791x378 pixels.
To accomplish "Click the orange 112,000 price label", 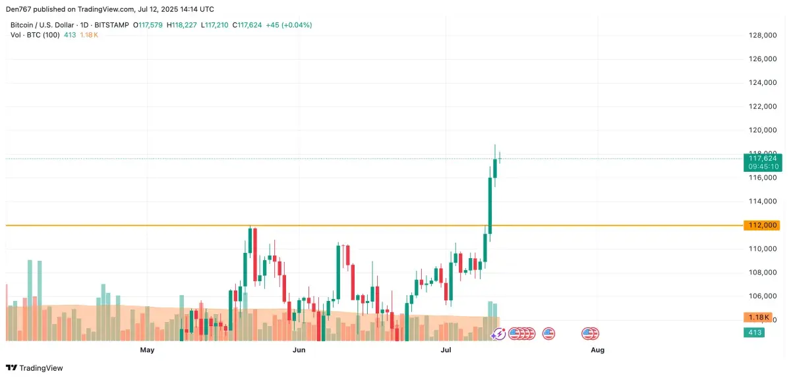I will pyautogui.click(x=761, y=225).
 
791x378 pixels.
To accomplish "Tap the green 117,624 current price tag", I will pyautogui.click(x=761, y=158).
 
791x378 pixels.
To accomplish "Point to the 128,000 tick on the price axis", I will pyautogui.click(x=762, y=36).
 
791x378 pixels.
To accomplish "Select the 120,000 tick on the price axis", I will pyautogui.click(x=762, y=130).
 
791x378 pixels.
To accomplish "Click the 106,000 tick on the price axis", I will pyautogui.click(x=762, y=296).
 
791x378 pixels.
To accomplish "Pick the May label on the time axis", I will pyautogui.click(x=147, y=350).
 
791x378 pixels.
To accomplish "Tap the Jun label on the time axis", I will pyautogui.click(x=299, y=350).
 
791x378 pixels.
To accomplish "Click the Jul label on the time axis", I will pyautogui.click(x=447, y=350).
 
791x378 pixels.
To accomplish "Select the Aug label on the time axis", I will pyautogui.click(x=597, y=350).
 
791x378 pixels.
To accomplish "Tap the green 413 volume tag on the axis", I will pyautogui.click(x=755, y=333).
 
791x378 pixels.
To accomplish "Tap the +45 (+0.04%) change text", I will pyautogui.click(x=289, y=25).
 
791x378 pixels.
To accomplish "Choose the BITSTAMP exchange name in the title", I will pyautogui.click(x=112, y=25).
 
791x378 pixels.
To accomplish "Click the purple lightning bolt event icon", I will pyautogui.click(x=498, y=334).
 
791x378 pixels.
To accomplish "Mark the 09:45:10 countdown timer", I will pyautogui.click(x=761, y=167).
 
